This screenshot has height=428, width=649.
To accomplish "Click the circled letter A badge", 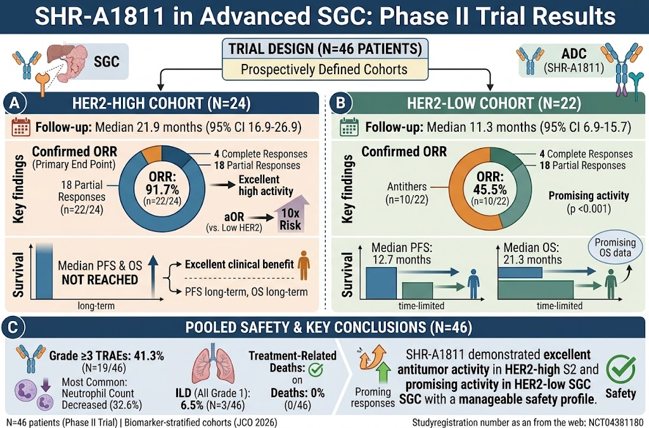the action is pyautogui.click(x=15, y=103).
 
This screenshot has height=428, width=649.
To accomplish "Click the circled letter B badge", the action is pyautogui.click(x=341, y=103).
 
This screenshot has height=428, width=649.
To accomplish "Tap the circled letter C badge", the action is pyautogui.click(x=14, y=327).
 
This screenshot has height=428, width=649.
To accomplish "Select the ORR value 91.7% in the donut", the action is pyautogui.click(x=162, y=190).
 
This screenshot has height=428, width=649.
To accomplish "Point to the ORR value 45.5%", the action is pyautogui.click(x=491, y=189).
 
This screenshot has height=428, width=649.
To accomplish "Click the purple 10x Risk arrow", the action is pyautogui.click(x=291, y=218).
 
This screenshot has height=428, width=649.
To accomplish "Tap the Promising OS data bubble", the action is pyautogui.click(x=615, y=248).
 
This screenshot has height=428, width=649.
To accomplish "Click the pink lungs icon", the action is pyautogui.click(x=214, y=363).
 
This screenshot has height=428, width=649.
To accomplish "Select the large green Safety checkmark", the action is pyautogui.click(x=620, y=369).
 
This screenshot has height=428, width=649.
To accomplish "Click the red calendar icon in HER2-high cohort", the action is pyautogui.click(x=21, y=127).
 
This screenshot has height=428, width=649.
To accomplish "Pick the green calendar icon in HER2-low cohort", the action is pyautogui.click(x=349, y=127).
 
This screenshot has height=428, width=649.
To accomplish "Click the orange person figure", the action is pyautogui.click(x=304, y=265).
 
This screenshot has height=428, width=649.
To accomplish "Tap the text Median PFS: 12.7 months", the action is pyautogui.click(x=401, y=254).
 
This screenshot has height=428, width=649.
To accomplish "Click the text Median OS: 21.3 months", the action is pyautogui.click(x=532, y=254).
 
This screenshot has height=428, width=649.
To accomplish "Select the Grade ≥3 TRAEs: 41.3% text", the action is pyautogui.click(x=106, y=356).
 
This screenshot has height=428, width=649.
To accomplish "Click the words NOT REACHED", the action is pyautogui.click(x=100, y=280).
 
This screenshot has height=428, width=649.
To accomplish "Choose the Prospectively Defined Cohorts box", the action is pyautogui.click(x=324, y=69).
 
